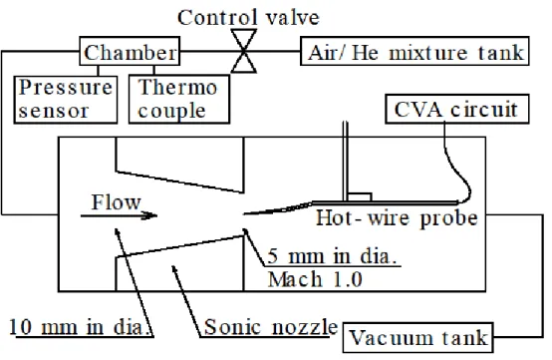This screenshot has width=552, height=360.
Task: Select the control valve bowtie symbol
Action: pos(243,51)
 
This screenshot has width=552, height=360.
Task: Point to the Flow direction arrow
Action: pos(119,215)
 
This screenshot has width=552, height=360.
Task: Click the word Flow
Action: pos(116,202)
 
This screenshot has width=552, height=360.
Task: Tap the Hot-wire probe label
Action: pos(397,218)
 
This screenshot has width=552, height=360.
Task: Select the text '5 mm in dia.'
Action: pos(332,256)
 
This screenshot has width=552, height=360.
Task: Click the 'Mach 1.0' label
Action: pos(315,279)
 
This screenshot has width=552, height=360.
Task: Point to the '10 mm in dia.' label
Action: pos(81,327)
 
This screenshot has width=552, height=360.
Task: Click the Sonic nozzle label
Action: pos(270,327)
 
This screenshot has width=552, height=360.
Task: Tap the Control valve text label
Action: pos(248,17)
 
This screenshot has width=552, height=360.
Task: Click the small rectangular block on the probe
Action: pos(360,196)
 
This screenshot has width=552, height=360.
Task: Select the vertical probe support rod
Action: pos(345,162)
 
